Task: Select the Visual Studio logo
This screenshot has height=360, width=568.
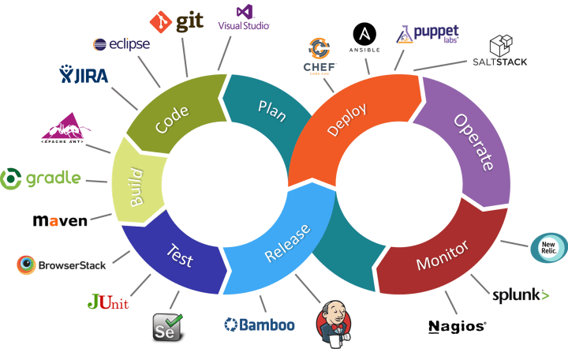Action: (245, 17)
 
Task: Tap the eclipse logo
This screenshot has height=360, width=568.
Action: (121, 44)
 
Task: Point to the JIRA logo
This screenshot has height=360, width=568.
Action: (84, 76)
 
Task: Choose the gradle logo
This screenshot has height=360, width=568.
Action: (41, 178)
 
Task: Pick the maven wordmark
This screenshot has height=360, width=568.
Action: (60, 221)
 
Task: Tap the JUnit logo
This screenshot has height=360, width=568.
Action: (107, 302)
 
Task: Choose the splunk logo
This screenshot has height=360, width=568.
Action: (520, 295)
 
